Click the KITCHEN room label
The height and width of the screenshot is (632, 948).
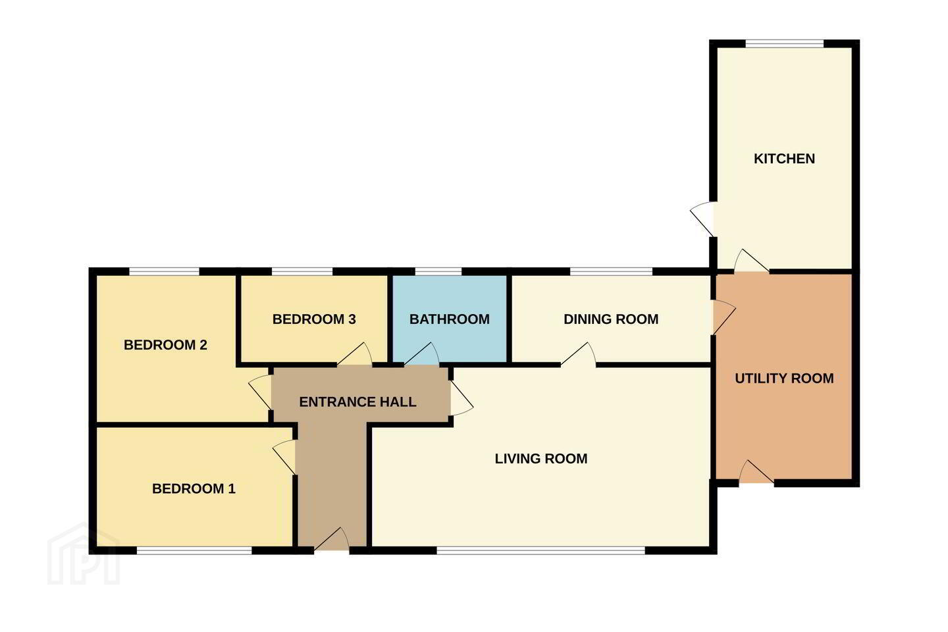click(x=784, y=159)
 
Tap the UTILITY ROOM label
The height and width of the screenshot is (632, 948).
click(x=784, y=379)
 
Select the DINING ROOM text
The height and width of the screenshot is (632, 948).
click(x=611, y=319)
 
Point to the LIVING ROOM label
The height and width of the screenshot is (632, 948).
click(x=541, y=458)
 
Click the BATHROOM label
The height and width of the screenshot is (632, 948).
click(x=450, y=319)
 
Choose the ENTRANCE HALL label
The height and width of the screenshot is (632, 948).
click(x=357, y=402)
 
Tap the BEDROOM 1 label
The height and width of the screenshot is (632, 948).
click(x=194, y=489)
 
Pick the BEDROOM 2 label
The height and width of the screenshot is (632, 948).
click(x=165, y=345)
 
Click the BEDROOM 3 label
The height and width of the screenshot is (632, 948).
click(x=314, y=319)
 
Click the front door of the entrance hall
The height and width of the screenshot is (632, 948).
click(x=332, y=539)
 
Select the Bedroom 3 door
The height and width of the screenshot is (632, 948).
click(x=355, y=354)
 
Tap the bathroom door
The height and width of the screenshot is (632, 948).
click(x=422, y=354)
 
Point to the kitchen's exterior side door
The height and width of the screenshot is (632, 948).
click(x=702, y=219)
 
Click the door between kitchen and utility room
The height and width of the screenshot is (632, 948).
click(x=752, y=260)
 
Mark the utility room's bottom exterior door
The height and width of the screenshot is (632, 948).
click(x=756, y=471)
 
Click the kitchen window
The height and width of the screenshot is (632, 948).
click(x=784, y=43)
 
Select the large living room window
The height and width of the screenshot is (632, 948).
click(x=541, y=551)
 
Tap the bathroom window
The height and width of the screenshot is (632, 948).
click(x=438, y=271)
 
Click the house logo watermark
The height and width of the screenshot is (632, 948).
click(x=84, y=554)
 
